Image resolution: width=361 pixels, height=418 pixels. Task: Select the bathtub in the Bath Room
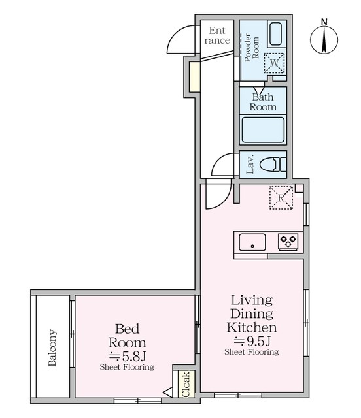pyautogui.click(x=263, y=130)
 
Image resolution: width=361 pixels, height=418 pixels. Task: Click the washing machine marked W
pyautogui.click(x=274, y=63)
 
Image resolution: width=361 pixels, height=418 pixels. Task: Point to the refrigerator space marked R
pyautogui.click(x=281, y=197)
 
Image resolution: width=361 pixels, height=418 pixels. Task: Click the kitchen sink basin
pyautogui.click(x=252, y=242)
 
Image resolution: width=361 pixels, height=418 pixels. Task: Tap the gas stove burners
pyautogui.click(x=288, y=242)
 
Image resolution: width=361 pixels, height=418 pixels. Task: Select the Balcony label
pyautogui.click(x=52, y=347)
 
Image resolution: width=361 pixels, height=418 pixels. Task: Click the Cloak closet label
pyautogui.click(x=186, y=384)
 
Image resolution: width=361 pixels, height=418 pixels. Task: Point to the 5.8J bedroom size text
pyautogui.click(x=128, y=355)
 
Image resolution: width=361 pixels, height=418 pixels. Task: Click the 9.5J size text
pyautogui.click(x=252, y=340)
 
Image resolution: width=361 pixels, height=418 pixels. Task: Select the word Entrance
pyautogui.click(x=217, y=35)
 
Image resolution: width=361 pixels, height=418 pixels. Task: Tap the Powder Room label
pyautogui.click(x=252, y=48)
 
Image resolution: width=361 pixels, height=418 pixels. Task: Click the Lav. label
pyautogui.click(x=250, y=164)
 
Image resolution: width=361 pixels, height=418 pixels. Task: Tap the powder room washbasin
pyautogui.click(x=275, y=34)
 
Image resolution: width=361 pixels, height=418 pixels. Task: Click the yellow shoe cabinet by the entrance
pyautogui.click(x=194, y=77)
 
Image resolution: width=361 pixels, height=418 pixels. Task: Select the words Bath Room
pyautogui.click(x=263, y=102)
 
